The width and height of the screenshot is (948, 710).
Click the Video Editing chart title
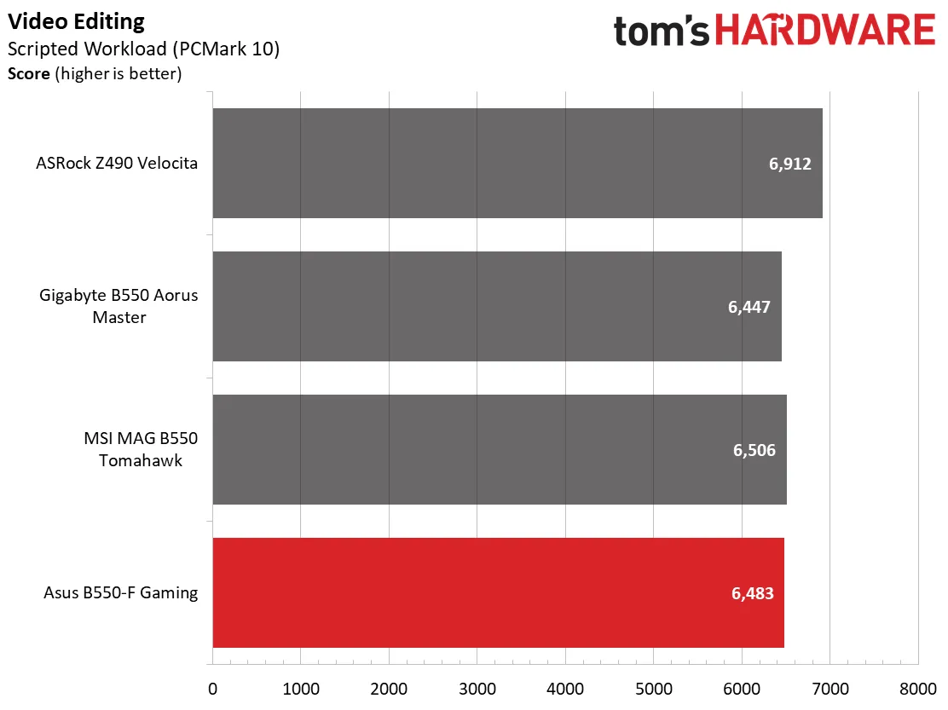pyautogui.click(x=76, y=22)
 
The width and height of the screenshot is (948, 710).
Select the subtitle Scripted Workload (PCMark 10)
pyautogui.click(x=143, y=49)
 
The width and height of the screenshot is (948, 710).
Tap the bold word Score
pyautogui.click(x=28, y=73)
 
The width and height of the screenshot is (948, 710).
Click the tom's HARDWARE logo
pyautogui.click(x=774, y=30)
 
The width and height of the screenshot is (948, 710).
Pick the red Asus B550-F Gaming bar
pyautogui.click(x=498, y=592)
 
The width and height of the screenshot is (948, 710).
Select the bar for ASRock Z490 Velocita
pyautogui.click(x=517, y=163)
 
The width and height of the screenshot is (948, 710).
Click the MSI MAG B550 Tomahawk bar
pyautogui.click(x=500, y=449)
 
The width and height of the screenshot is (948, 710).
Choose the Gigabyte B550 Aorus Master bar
pyautogui.click(x=497, y=306)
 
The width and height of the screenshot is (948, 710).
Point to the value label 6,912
pyautogui.click(x=789, y=164)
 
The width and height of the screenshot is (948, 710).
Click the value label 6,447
pyautogui.click(x=749, y=307)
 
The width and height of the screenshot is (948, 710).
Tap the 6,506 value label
pyautogui.click(x=754, y=450)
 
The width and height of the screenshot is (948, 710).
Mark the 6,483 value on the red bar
pyautogui.click(x=752, y=593)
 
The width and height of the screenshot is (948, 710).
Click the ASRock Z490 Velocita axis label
pyautogui.click(x=117, y=163)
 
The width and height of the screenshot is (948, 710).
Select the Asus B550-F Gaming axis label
pyautogui.click(x=120, y=592)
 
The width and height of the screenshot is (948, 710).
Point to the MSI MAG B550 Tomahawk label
pyautogui.click(x=141, y=449)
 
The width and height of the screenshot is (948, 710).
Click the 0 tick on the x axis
pyautogui.click(x=213, y=689)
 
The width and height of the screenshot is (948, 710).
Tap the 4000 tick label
pyautogui.click(x=565, y=689)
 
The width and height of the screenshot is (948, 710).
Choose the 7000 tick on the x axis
pyautogui.click(x=830, y=689)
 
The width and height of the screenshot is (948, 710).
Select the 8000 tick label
pyautogui.click(x=918, y=689)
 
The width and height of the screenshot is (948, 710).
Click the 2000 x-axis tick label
pyautogui.click(x=389, y=689)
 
